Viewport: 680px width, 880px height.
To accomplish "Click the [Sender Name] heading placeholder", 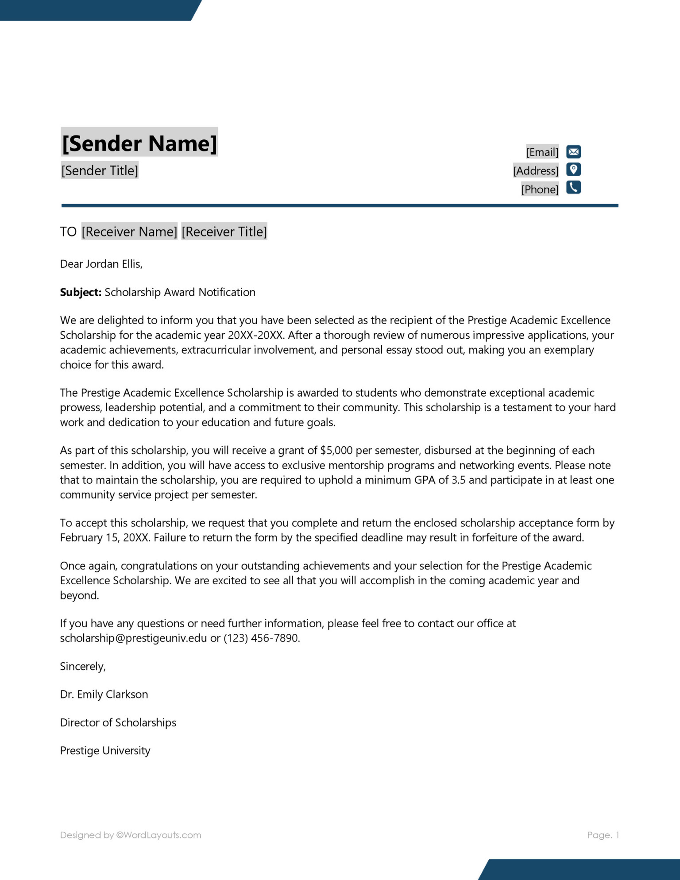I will tap(139, 143).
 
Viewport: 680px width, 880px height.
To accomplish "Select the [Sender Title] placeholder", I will tap(100, 170).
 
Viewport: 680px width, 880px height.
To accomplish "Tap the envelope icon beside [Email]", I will tap(573, 152).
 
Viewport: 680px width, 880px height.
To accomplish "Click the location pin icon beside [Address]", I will tap(573, 170).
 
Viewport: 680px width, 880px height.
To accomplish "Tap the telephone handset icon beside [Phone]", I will tap(573, 188).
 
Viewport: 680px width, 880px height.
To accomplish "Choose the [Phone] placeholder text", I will tap(540, 189).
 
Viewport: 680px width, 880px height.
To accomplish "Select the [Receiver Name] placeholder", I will tap(129, 232).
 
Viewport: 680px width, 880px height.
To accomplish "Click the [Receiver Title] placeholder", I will tap(224, 232).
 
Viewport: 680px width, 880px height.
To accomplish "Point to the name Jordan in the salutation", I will tap(102, 264).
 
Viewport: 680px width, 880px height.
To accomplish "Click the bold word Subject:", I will tap(81, 292).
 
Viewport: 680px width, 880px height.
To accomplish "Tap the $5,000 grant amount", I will tap(336, 451).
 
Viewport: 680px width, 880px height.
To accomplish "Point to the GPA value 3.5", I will tap(458, 480).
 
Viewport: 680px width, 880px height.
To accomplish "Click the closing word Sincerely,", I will tap(83, 667).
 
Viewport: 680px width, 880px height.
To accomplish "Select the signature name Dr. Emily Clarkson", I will tap(104, 695).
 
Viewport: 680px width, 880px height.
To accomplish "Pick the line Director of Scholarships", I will tap(118, 723).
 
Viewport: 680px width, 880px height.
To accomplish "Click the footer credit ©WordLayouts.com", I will tap(158, 835).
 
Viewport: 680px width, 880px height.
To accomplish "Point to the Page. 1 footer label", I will tap(603, 835).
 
